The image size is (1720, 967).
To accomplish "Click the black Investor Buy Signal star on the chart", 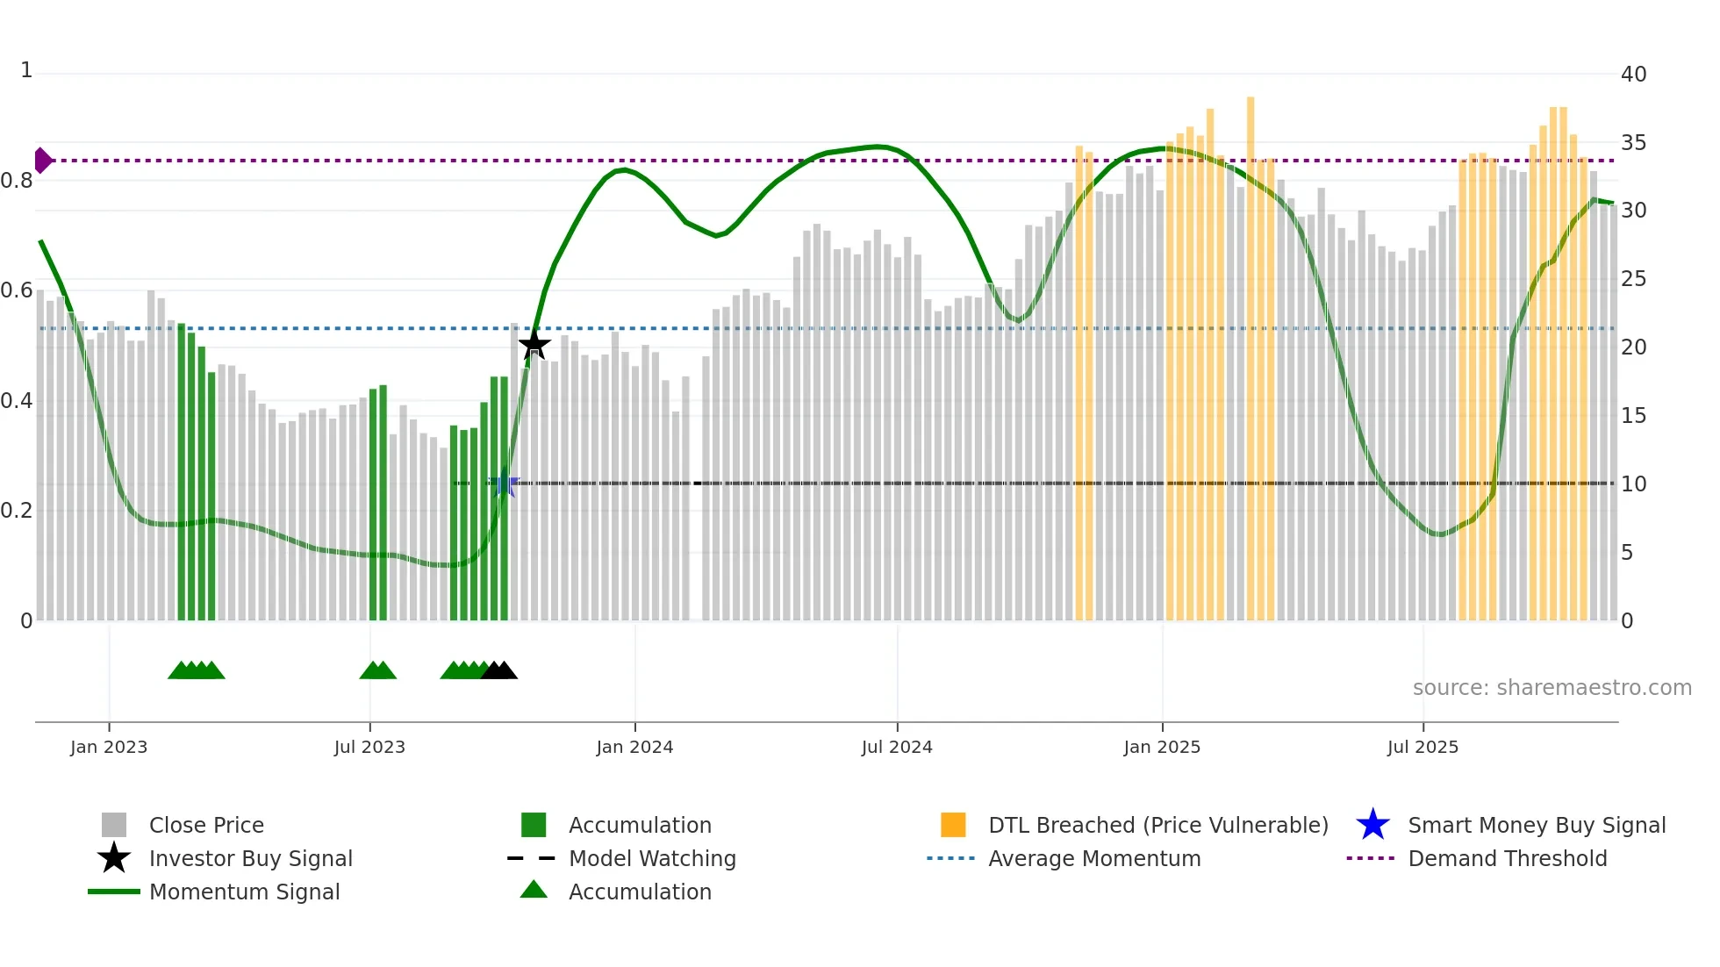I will pyautogui.click(x=534, y=345).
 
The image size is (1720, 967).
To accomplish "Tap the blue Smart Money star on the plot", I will pyautogui.click(x=504, y=483).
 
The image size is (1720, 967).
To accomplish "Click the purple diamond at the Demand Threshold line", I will pyautogui.click(x=42, y=161).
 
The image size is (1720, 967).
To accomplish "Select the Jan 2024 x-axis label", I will pyautogui.click(x=634, y=747).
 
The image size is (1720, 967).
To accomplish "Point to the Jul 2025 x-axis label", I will pyautogui.click(x=1423, y=747).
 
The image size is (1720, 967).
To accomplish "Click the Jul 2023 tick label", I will pyautogui.click(x=369, y=747).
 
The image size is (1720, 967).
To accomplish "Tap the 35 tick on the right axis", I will pyautogui.click(x=1633, y=142).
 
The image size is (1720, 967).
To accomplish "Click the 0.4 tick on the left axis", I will pyautogui.click(x=17, y=401).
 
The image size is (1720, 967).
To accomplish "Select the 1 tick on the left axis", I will pyautogui.click(x=26, y=70).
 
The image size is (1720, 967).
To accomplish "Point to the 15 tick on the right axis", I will pyautogui.click(x=1633, y=416).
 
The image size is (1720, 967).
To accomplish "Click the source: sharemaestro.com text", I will pyautogui.click(x=1552, y=687).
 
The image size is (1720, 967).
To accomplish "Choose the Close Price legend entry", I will pyautogui.click(x=206, y=825).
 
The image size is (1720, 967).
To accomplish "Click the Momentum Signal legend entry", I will pyautogui.click(x=244, y=892).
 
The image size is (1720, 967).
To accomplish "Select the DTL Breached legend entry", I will pyautogui.click(x=1157, y=825).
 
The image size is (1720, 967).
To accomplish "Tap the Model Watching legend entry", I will pyautogui.click(x=652, y=858).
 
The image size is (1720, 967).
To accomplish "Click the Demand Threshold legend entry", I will pyautogui.click(x=1507, y=858).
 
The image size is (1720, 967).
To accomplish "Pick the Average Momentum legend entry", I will pyautogui.click(x=1093, y=858).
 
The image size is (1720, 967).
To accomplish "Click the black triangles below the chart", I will pyautogui.click(x=499, y=670).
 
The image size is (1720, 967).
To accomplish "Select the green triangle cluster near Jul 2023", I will pyautogui.click(x=378, y=670).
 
